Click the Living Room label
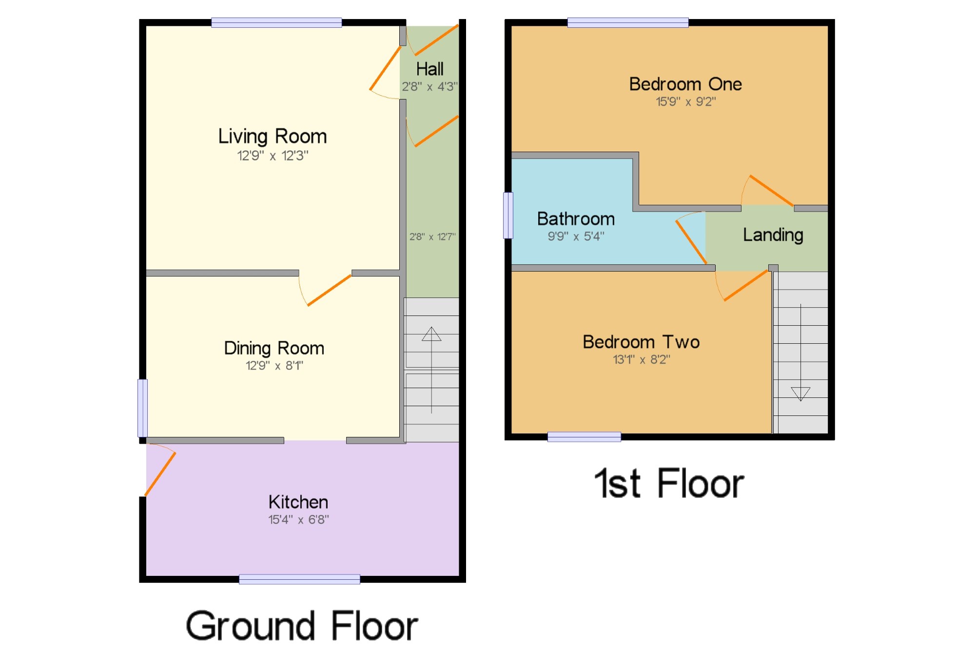pos(273,137)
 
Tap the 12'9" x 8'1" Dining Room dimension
pos(274,366)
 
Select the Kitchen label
pos(298,502)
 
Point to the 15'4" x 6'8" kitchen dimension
pos(299,520)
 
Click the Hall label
pos(430,69)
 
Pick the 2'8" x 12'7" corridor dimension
pos(432,237)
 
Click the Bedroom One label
pos(685,84)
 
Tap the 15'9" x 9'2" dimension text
pos(686,102)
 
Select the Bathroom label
pos(576,219)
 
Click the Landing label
pos(773,236)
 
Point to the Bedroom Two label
pos(641,342)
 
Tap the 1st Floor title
pos(669,483)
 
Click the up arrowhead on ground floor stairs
pos(431,334)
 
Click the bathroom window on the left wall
pos(508,216)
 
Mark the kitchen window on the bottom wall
pos(299,579)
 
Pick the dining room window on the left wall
pos(142,408)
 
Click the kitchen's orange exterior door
pos(160,474)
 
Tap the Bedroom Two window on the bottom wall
pos(584,437)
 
